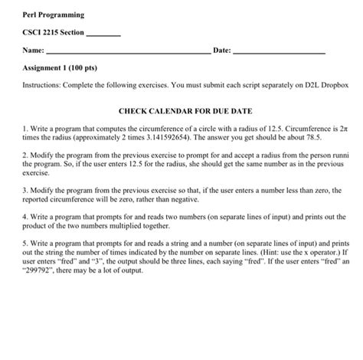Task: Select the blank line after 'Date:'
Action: click(277, 53)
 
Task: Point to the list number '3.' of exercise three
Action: click(26, 188)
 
